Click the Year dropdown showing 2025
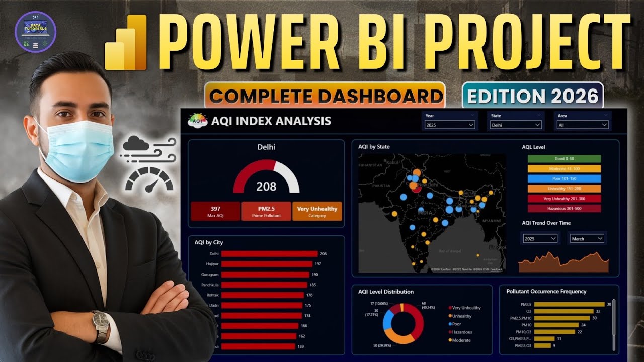coord(450,125)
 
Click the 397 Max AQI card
coord(215,211)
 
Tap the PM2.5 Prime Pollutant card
coord(266,211)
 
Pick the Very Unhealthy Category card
coord(317,211)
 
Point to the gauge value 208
coord(266,187)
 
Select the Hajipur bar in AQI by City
coord(267,264)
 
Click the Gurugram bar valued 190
coord(265,275)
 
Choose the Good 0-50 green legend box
coord(564,159)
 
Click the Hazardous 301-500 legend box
coord(564,208)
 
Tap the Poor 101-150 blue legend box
coord(564,178)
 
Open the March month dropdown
coord(587,239)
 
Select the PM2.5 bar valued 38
coord(569,304)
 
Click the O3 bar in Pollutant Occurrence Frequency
coord(563,311)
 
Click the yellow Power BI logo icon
coord(126,43)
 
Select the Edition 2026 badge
coord(533,96)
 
